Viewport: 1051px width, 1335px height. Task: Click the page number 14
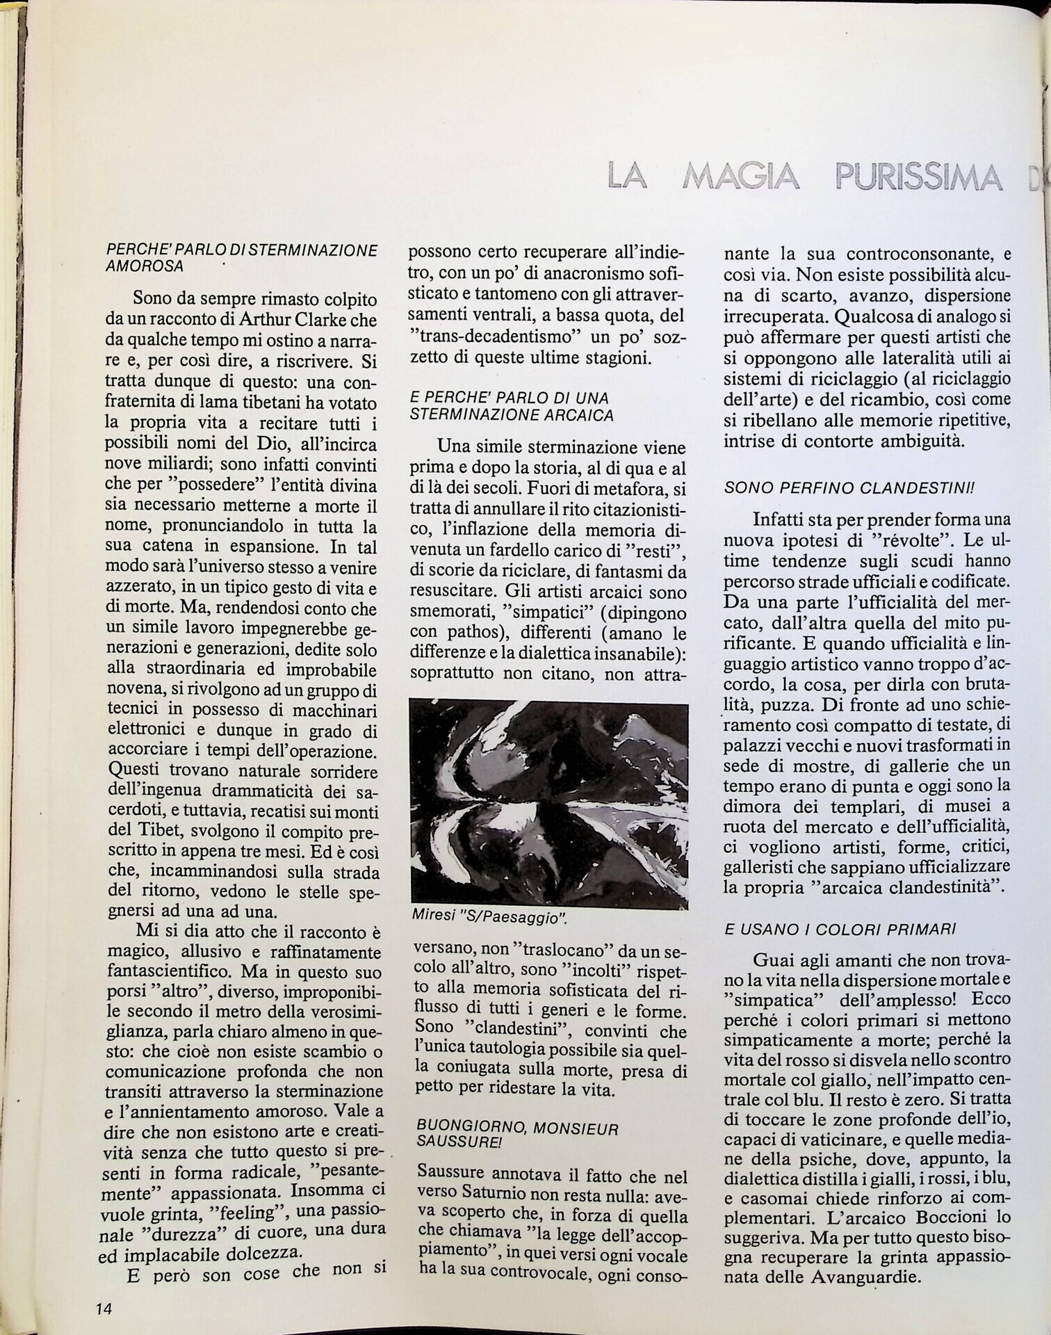pyautogui.click(x=104, y=1307)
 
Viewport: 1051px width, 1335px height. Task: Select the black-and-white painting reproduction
pyautogui.click(x=548, y=804)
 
